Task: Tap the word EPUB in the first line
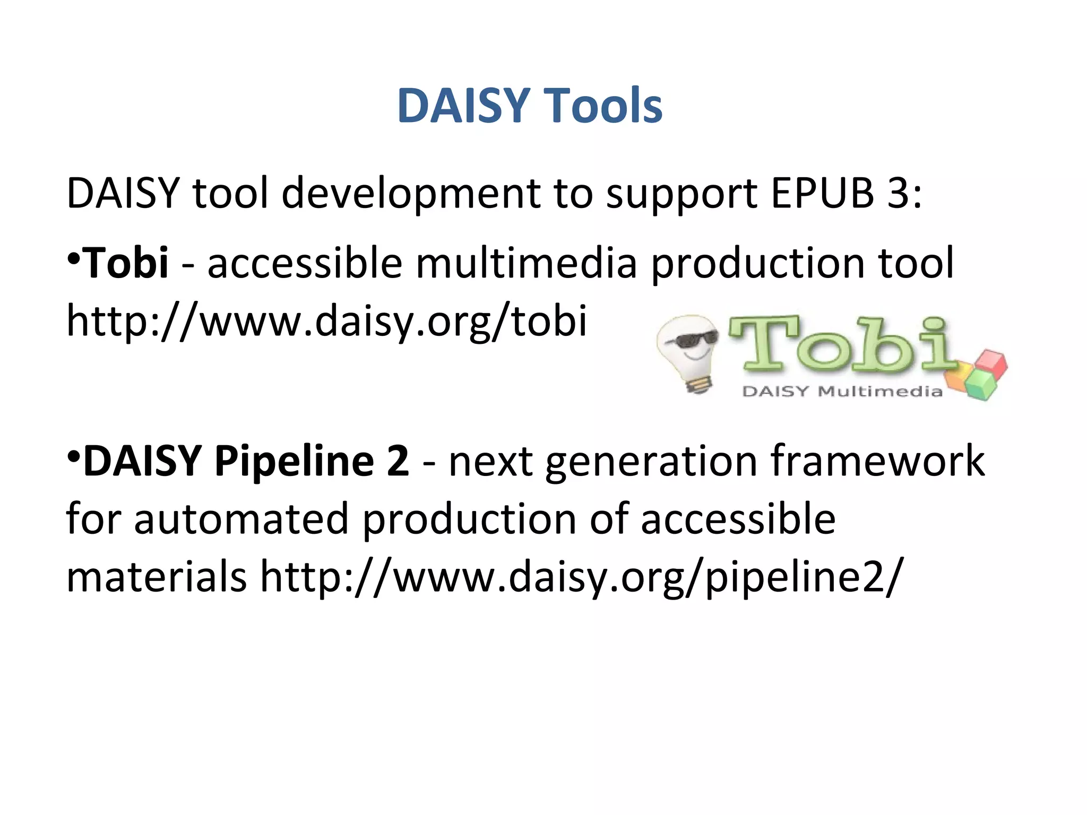822,193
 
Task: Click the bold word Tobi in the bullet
126,262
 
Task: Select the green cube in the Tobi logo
981,386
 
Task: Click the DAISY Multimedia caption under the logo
842,392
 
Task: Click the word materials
156,576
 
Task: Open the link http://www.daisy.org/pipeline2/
581,577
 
